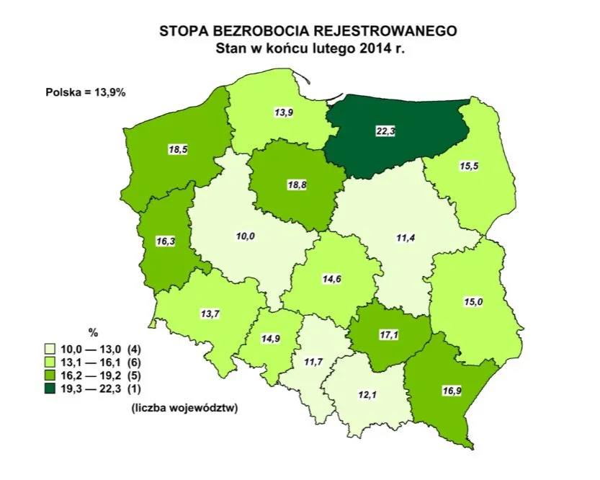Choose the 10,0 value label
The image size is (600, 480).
click(x=246, y=236)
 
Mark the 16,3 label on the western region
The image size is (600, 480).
click(x=166, y=242)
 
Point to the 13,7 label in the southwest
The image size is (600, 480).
click(x=210, y=314)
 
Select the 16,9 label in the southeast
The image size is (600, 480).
click(x=449, y=391)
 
